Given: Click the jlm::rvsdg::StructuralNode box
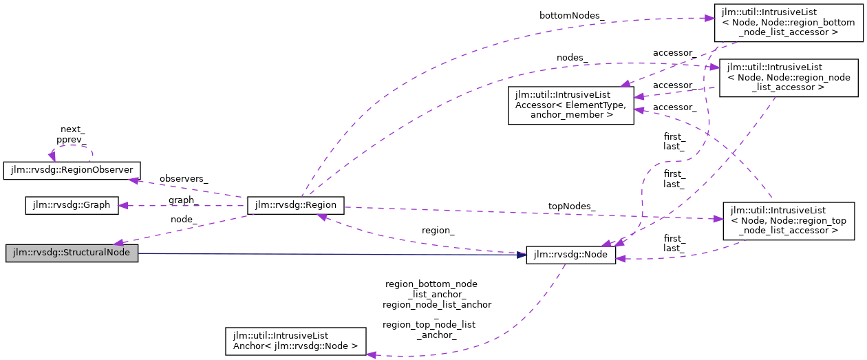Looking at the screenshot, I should (72, 253).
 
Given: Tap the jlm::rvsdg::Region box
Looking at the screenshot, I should (295, 204).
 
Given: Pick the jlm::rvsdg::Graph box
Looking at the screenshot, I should (72, 205).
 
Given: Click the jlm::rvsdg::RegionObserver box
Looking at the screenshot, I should (72, 169).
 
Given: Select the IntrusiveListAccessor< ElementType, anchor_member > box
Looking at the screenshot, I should (570, 105).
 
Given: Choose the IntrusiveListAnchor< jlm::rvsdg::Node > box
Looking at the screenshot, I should (296, 341).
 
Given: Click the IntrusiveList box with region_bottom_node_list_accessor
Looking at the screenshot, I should (787, 22).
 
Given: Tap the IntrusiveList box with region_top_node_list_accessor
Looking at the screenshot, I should (788, 220).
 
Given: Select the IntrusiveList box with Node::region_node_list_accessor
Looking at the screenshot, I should (789, 77).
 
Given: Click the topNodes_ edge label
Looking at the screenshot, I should (572, 206).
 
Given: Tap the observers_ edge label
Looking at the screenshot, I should (183, 178).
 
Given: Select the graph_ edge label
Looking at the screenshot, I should (183, 200).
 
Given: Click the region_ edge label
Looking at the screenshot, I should (438, 230).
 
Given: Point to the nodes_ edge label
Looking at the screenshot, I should (572, 58).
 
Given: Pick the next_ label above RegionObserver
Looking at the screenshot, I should (72, 129).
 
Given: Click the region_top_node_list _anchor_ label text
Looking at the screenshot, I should (430, 329).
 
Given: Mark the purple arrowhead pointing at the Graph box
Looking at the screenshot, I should (123, 205).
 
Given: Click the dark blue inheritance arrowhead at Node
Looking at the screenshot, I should (521, 255).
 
